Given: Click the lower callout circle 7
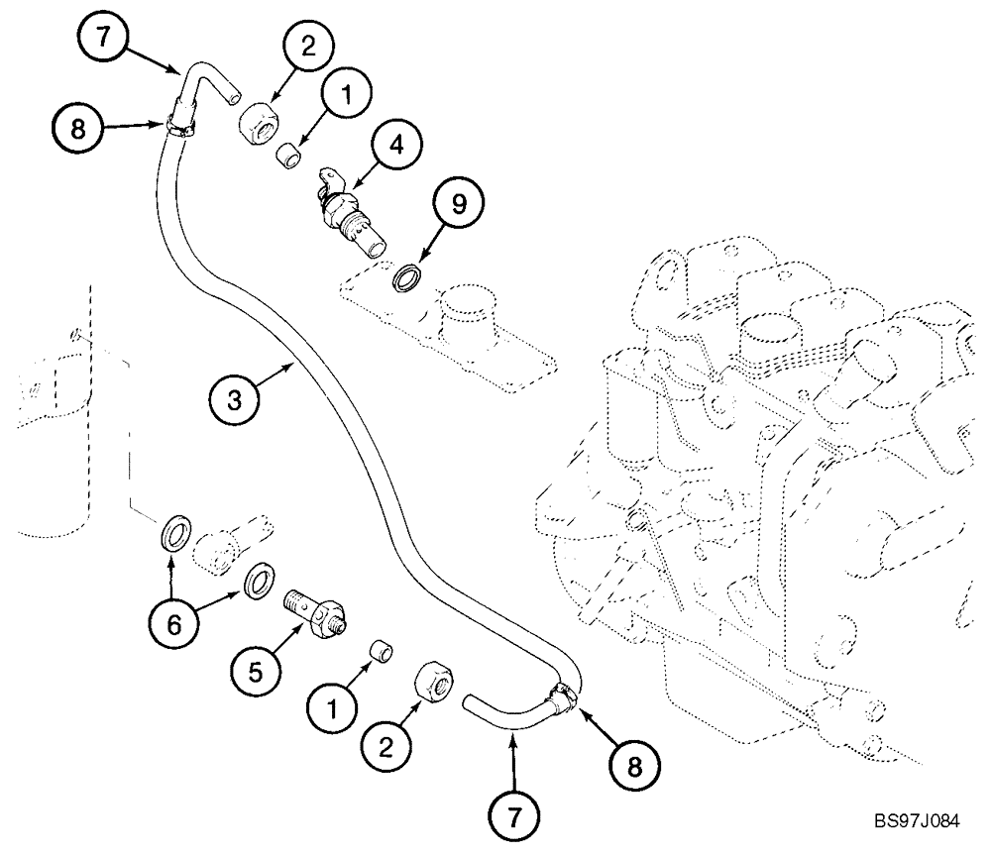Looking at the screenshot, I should click(x=512, y=816).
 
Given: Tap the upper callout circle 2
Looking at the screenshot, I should click(x=307, y=45).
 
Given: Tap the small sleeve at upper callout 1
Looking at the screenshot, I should click(x=288, y=155).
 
